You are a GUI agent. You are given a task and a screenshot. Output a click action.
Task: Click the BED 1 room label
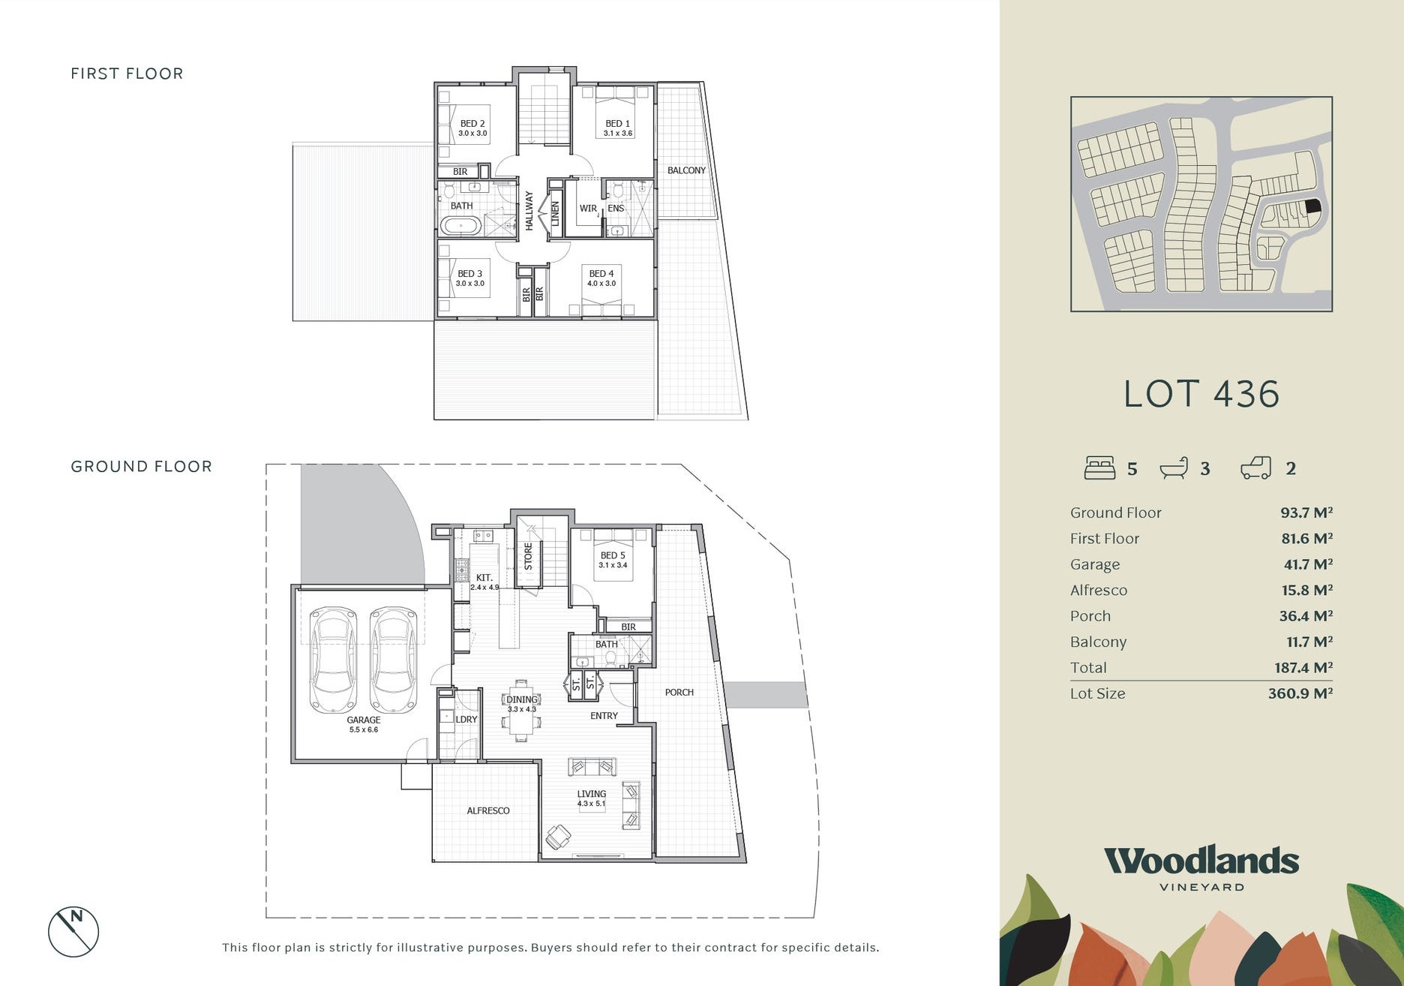618,123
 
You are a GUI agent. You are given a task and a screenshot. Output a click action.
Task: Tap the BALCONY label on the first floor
686,170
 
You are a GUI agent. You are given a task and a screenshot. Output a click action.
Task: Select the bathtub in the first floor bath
460,225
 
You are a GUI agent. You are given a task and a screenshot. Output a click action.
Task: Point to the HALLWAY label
529,211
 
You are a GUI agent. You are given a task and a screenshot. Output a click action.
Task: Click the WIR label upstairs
588,209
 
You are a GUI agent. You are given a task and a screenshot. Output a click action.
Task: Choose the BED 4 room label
601,274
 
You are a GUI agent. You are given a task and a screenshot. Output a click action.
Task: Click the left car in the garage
333,659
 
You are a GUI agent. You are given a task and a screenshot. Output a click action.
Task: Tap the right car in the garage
393,659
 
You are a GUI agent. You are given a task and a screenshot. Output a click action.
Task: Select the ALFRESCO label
488,810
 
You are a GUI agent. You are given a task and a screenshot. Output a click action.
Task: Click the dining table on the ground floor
521,710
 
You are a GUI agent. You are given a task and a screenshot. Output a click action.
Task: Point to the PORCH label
679,692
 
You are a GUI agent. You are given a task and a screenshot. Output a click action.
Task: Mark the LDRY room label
466,719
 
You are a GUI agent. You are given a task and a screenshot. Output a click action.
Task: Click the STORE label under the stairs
528,557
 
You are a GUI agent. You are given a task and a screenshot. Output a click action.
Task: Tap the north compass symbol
73,932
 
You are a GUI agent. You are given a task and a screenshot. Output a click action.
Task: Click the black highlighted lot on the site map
1312,206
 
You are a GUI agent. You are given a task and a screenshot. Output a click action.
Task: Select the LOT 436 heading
1201,394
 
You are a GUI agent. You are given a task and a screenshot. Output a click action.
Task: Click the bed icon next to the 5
1099,467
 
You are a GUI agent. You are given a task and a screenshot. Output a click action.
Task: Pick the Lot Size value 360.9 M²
1300,693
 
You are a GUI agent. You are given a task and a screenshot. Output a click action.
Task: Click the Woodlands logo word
1201,861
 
